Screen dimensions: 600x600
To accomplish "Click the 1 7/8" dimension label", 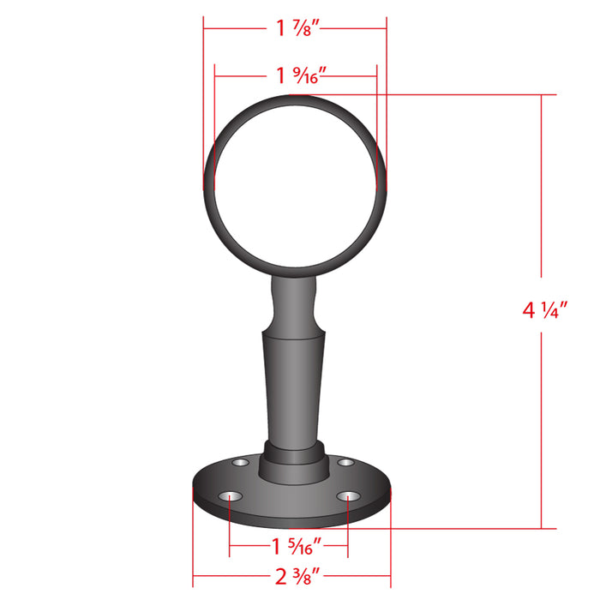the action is click(297, 28).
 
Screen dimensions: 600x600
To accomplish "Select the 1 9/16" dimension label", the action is click(301, 75).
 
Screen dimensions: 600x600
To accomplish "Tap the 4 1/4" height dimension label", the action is click(544, 310).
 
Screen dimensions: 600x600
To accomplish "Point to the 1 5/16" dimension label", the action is click(297, 546).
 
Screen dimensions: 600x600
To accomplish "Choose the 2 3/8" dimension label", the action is click(297, 576).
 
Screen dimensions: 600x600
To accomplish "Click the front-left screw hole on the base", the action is click(230, 496).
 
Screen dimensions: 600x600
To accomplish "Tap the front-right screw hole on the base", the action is click(348, 496).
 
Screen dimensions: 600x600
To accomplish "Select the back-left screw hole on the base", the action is click(240, 463).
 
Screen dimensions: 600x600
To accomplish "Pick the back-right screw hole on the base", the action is click(345, 463).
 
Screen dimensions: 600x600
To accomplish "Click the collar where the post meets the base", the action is click(294, 463).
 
